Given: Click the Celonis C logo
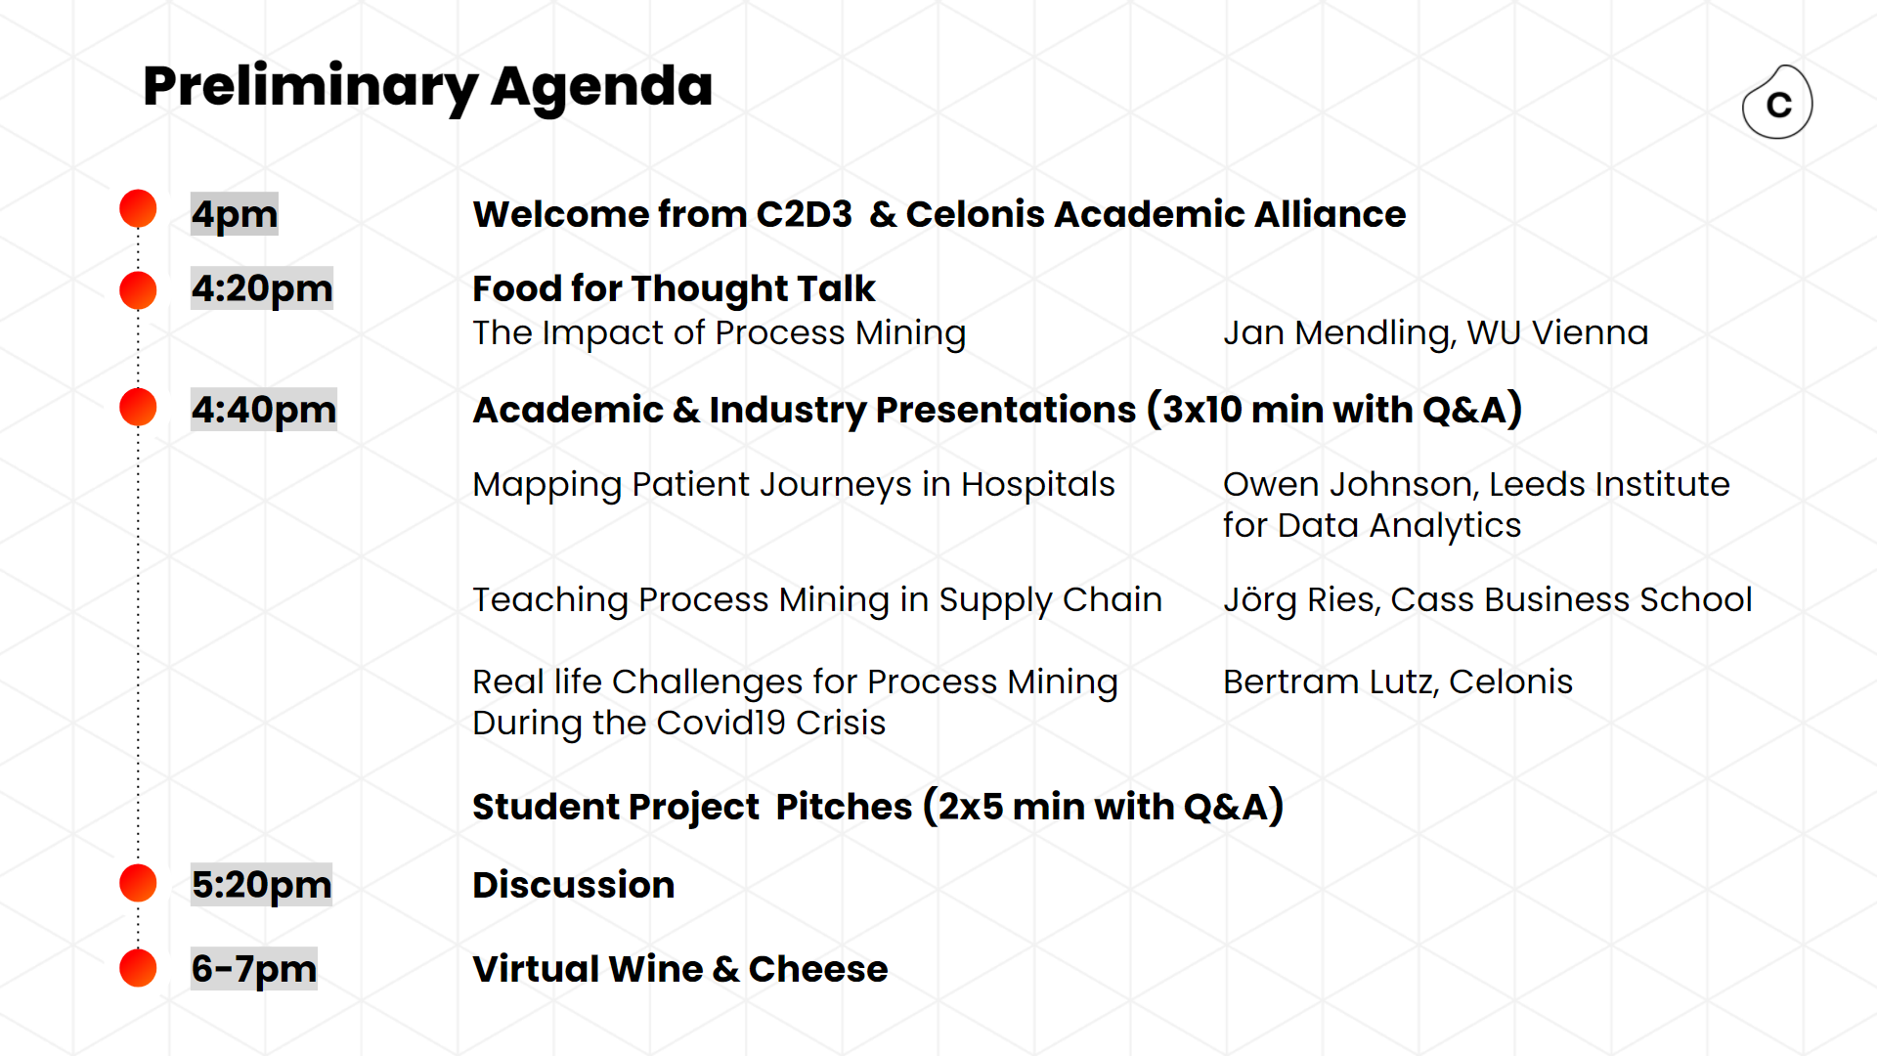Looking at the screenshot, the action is [1777, 103].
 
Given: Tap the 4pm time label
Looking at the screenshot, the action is [235, 214].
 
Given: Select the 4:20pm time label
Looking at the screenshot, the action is [262, 288].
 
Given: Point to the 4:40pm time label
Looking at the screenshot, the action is [264, 410].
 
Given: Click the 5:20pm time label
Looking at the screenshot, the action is [262, 885].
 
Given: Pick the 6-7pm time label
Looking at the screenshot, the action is [254, 969].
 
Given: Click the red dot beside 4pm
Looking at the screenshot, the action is [138, 208].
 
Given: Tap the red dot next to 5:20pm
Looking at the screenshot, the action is [138, 883].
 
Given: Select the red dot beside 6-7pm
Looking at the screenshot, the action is [138, 968].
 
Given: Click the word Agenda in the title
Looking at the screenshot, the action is [601, 88].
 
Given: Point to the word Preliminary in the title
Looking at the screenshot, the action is [310, 88].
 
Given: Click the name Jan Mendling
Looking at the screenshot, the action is [1336, 333].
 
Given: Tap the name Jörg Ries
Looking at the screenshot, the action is [1298, 599].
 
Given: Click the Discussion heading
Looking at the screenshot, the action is [574, 885].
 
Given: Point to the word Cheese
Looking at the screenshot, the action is [818, 969].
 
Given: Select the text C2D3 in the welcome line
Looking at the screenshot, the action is [805, 214].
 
